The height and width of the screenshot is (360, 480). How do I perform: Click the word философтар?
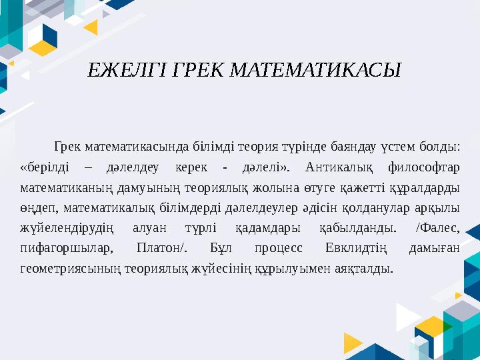tap(425, 166)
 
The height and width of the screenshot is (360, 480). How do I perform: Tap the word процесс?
tap(278, 249)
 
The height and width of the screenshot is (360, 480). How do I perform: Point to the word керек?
tap(189, 166)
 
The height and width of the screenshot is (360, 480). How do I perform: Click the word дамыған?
tap(435, 249)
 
